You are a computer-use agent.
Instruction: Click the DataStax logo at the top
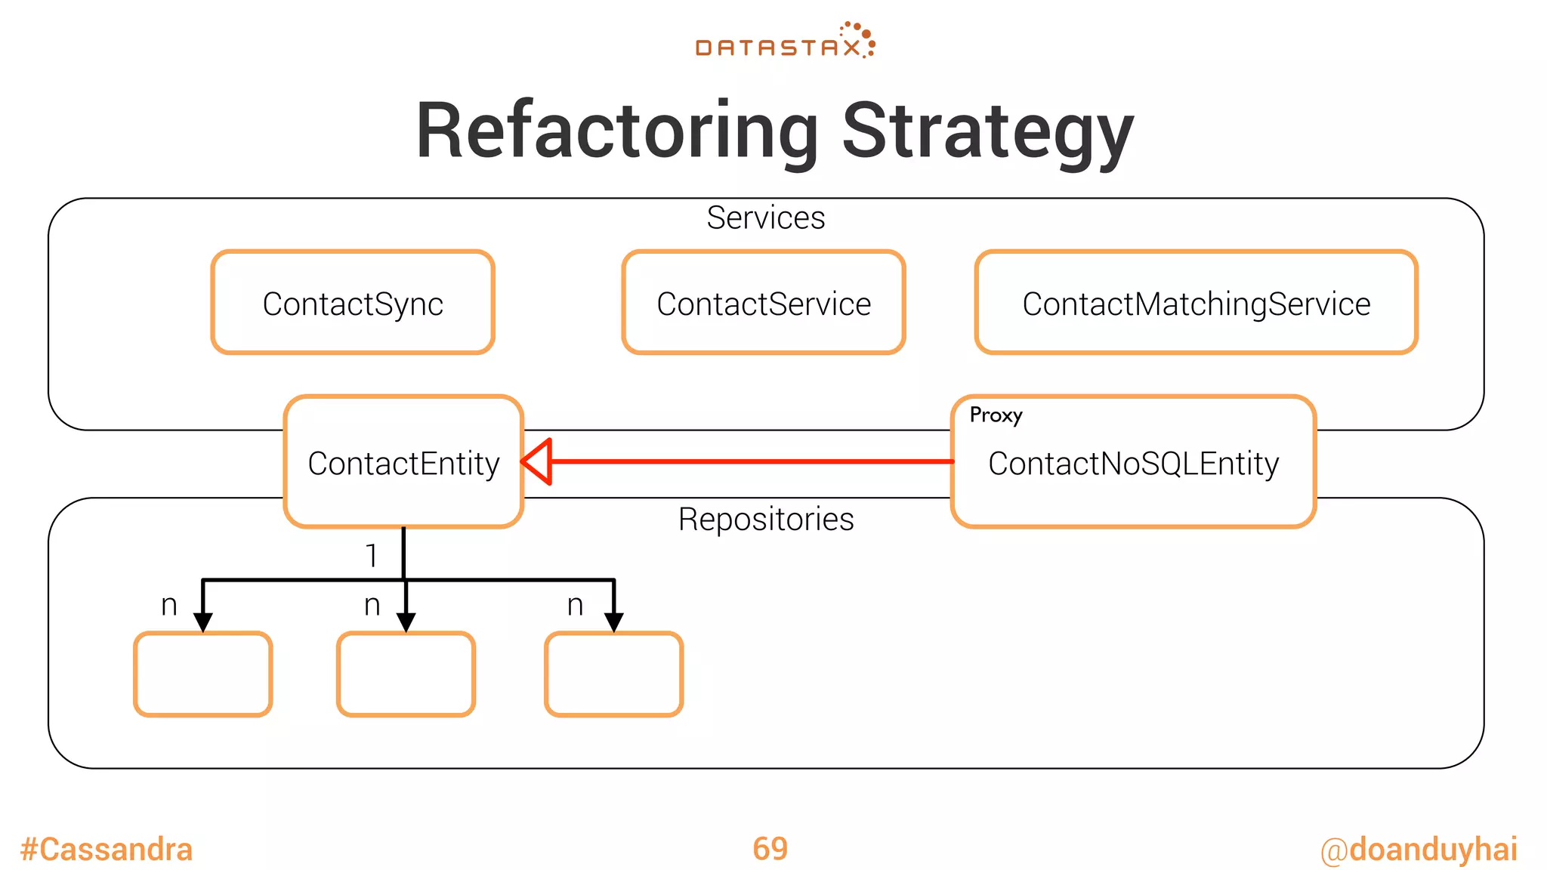pyautogui.click(x=784, y=42)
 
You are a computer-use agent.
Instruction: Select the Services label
pyautogui.click(x=765, y=218)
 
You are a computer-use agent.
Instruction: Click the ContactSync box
pyautogui.click(x=353, y=303)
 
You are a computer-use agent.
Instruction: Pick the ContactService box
pyautogui.click(x=763, y=303)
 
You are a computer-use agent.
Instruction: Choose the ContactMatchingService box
pyautogui.click(x=1196, y=303)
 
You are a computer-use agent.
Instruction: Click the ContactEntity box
pyautogui.click(x=403, y=462)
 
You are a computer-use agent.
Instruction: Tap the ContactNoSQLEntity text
pyautogui.click(x=1133, y=464)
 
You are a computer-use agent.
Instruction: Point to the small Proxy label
pyautogui.click(x=996, y=415)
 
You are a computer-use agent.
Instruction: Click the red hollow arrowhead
pyautogui.click(x=537, y=461)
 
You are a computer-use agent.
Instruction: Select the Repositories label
pyautogui.click(x=765, y=520)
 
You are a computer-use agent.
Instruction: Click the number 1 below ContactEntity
pyautogui.click(x=371, y=556)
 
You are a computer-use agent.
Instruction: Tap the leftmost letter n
pyautogui.click(x=169, y=605)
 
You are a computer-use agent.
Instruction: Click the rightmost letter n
pyautogui.click(x=575, y=605)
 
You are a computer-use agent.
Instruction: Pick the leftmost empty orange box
pyautogui.click(x=202, y=674)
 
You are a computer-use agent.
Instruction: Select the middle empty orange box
pyautogui.click(x=406, y=674)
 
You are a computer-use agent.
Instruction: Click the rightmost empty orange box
pyautogui.click(x=613, y=674)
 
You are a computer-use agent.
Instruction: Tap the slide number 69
pyautogui.click(x=770, y=849)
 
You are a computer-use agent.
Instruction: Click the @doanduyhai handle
pyautogui.click(x=1418, y=850)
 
